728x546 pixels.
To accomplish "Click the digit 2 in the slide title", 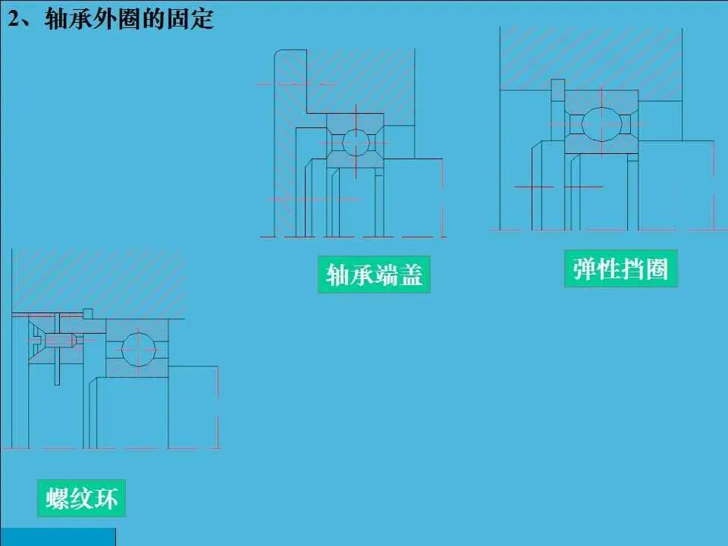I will click(14, 20).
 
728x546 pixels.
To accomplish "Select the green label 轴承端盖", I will click(374, 275).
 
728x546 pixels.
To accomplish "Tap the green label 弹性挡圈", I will click(620, 268).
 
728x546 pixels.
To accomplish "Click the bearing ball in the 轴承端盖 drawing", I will click(355, 142).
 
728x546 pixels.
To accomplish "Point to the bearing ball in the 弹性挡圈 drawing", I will click(600, 124).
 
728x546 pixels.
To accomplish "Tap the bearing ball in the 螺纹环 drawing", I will click(138, 348).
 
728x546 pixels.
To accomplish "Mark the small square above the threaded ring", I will click(88, 313).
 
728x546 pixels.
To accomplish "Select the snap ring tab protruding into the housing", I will click(558, 89).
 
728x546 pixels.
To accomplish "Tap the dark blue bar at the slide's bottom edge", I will click(58, 537).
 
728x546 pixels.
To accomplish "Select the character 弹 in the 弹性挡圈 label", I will click(584, 268).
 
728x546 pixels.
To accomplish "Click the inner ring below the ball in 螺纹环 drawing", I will click(138, 372).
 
